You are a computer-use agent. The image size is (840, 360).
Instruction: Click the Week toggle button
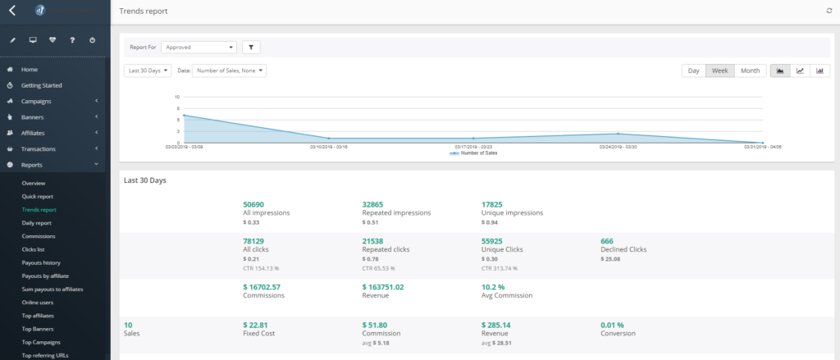click(719, 71)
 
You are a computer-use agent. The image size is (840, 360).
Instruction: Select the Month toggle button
click(750, 71)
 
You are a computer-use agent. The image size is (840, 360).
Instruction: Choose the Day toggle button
click(693, 71)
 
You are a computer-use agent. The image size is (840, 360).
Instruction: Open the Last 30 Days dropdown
click(148, 71)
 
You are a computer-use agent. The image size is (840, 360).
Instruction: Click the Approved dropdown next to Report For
click(199, 48)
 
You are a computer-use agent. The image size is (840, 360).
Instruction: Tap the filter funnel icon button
click(252, 48)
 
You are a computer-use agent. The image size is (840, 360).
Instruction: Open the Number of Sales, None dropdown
click(229, 71)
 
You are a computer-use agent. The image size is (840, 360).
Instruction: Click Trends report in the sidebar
click(39, 210)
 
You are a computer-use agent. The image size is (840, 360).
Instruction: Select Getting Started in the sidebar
click(41, 85)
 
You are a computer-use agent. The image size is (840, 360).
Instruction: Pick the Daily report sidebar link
click(37, 223)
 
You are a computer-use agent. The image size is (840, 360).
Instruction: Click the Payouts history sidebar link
click(41, 262)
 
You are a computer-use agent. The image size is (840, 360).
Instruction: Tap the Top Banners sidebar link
click(38, 328)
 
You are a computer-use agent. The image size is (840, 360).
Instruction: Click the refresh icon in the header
click(829, 11)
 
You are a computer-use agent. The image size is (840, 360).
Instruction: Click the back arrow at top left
click(12, 11)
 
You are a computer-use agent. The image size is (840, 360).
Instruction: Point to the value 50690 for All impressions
click(253, 203)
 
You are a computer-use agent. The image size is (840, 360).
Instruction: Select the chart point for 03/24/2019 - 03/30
click(618, 134)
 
